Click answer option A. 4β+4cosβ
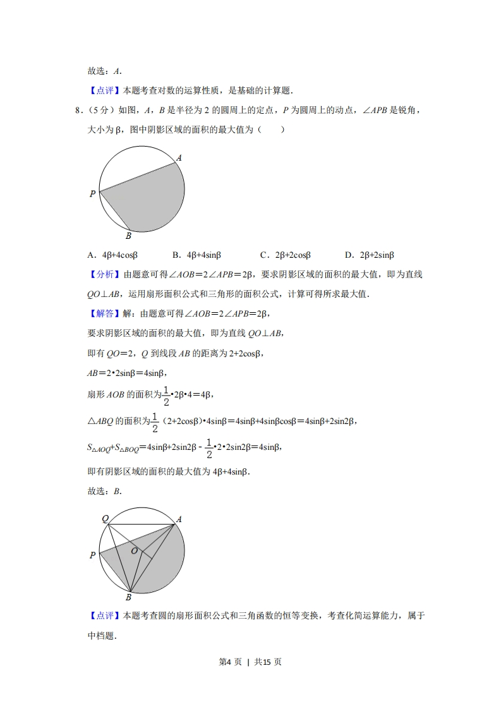[x=112, y=255]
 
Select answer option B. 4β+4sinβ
[x=196, y=255]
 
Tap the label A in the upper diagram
[x=179, y=158]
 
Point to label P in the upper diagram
[x=92, y=194]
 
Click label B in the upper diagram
[x=128, y=236]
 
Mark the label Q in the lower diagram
[x=106, y=519]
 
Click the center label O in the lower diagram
[x=134, y=551]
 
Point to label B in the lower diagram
[x=128, y=597]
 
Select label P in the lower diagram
[x=92, y=555]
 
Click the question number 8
[x=77, y=111]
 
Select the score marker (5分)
[x=97, y=111]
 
